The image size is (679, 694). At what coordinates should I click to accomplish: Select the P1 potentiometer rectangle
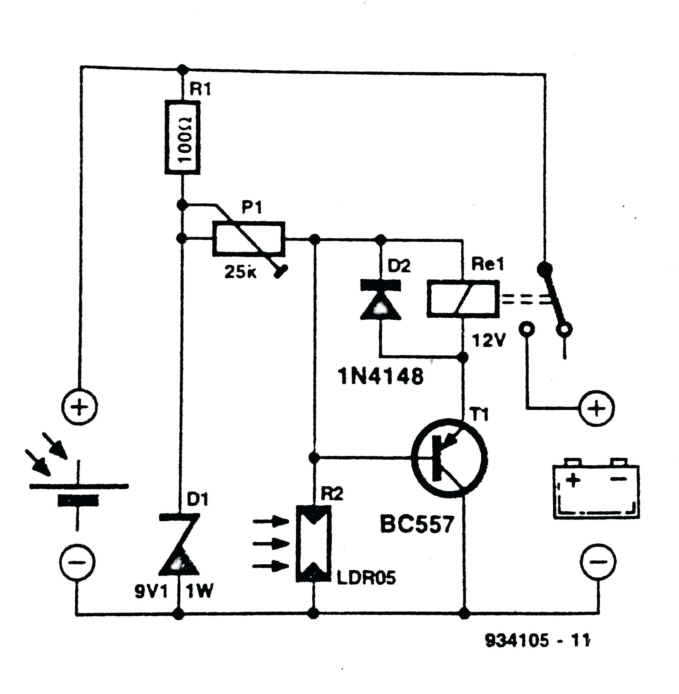[x=249, y=238]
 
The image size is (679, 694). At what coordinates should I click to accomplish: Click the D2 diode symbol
[x=380, y=300]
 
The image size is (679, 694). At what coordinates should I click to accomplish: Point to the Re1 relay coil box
[x=463, y=298]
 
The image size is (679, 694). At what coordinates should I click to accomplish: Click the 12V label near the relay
[x=488, y=341]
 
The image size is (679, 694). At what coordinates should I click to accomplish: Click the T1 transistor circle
[x=449, y=458]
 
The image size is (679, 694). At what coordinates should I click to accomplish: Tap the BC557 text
[x=417, y=524]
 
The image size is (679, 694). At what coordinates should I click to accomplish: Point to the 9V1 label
[x=151, y=592]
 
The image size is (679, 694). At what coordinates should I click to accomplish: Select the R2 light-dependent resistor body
[x=314, y=543]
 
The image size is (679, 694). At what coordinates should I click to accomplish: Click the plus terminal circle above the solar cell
[x=79, y=407]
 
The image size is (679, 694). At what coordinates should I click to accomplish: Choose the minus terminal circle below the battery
[x=598, y=562]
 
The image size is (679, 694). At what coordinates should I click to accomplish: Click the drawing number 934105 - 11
[x=537, y=641]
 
